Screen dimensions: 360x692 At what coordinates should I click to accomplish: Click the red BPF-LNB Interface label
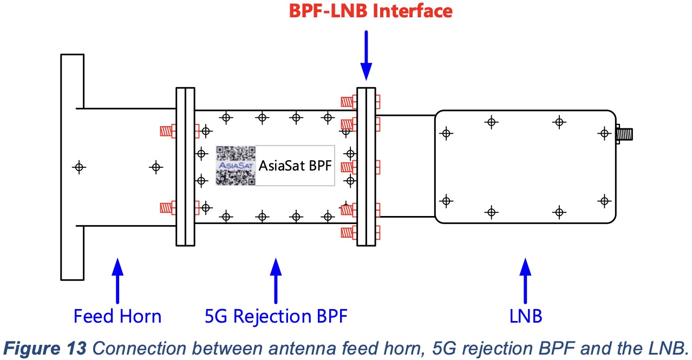[x=367, y=11]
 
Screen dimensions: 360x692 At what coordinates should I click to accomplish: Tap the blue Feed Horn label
[x=117, y=316]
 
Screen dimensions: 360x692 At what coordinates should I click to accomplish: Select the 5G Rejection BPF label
[x=276, y=316]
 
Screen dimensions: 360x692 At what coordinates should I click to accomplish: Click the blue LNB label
[x=525, y=316]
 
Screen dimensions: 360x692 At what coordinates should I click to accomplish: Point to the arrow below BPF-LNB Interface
[x=367, y=54]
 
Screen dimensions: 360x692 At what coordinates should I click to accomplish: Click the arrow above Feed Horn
[x=117, y=280]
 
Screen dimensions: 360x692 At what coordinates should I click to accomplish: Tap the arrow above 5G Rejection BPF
[x=276, y=280]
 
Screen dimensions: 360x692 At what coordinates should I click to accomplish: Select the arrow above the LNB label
[x=525, y=280]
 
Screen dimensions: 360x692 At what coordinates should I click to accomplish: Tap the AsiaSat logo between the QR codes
[x=236, y=165]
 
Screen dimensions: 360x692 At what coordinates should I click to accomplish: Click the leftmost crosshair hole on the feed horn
[x=79, y=167]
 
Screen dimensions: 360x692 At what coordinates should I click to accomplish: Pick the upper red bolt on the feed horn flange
[x=167, y=130]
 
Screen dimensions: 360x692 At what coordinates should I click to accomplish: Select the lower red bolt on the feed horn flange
[x=167, y=207]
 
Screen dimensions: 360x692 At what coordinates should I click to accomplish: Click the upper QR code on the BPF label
[x=236, y=153]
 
